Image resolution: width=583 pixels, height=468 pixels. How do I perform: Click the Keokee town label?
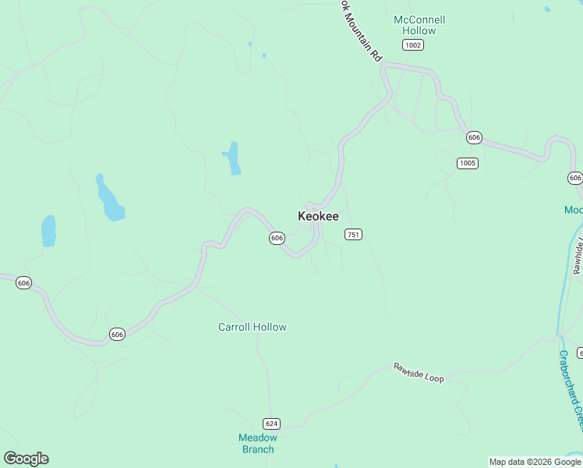(x=318, y=216)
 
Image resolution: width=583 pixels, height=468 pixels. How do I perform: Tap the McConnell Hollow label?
(x=419, y=25)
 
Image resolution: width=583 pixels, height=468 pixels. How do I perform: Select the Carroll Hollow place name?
(x=252, y=327)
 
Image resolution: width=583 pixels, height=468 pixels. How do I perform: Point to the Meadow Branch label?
(x=257, y=443)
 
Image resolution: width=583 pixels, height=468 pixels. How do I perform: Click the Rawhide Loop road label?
(x=419, y=372)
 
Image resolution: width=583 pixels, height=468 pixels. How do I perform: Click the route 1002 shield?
(x=413, y=45)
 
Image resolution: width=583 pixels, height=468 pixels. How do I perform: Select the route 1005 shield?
(x=468, y=163)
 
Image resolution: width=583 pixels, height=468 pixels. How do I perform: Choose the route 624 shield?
(x=271, y=424)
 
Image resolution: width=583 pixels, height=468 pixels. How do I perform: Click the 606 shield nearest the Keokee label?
(x=277, y=238)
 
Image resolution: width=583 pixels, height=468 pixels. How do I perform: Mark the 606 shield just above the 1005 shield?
(x=474, y=137)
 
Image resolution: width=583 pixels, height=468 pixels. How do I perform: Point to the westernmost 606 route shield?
(x=23, y=282)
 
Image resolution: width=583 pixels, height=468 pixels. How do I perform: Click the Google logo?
(x=26, y=459)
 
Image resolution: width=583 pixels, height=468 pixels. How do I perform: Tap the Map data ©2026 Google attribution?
(x=535, y=462)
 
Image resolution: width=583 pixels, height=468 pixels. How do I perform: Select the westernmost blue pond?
(x=48, y=231)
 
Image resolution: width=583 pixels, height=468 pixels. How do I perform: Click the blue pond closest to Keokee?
(x=231, y=158)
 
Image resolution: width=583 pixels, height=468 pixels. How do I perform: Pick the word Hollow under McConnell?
(x=419, y=30)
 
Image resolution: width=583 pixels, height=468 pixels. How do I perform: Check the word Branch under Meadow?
(x=257, y=449)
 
